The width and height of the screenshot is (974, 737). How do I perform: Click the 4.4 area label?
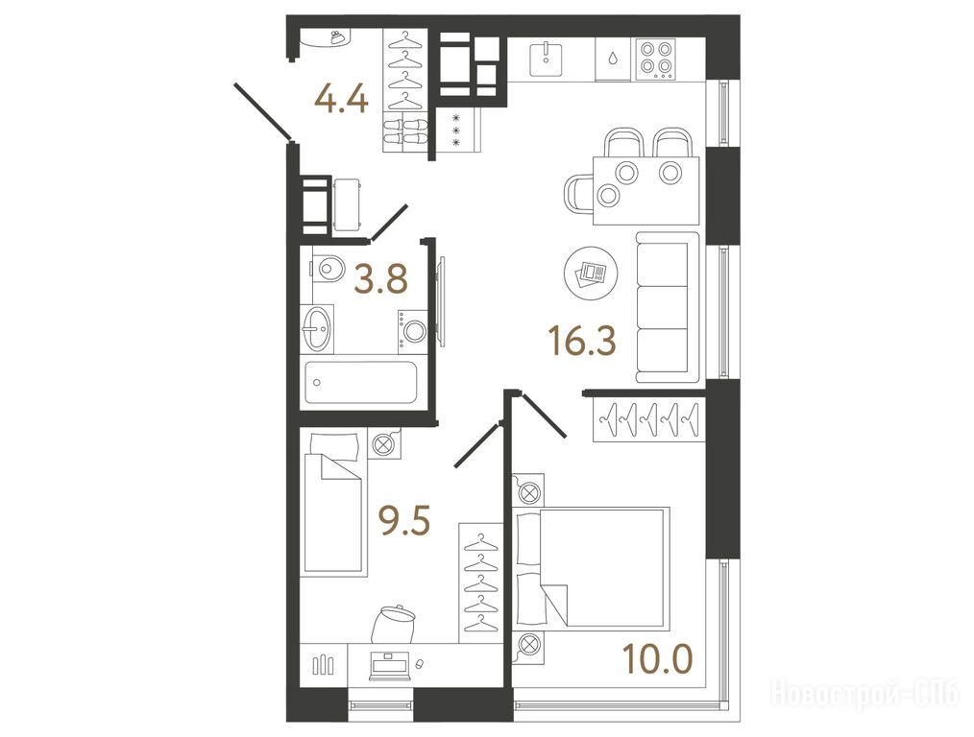click(342, 99)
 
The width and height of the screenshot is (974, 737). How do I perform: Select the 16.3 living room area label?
click(582, 342)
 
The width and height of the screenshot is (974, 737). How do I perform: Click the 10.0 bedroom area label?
click(658, 659)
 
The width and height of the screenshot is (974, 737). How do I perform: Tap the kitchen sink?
click(546, 59)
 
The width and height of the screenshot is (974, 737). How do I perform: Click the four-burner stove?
click(657, 59)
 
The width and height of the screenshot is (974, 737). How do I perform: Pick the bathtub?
click(360, 384)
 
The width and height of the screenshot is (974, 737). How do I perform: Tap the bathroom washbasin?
click(317, 328)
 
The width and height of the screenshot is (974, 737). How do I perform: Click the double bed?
click(590, 568)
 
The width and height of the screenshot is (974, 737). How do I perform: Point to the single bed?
click(333, 503)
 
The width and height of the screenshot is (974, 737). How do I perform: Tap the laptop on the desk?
click(388, 666)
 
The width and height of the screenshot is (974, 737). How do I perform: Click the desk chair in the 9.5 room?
click(393, 624)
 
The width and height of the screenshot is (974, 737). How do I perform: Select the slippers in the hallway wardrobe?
click(404, 132)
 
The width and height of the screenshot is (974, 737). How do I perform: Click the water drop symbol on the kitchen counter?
click(613, 59)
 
